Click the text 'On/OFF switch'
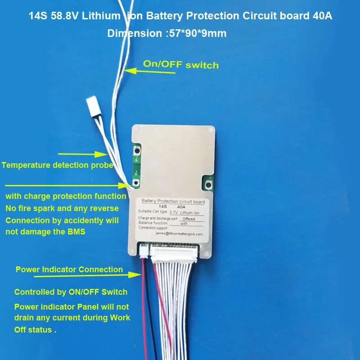point(180,64)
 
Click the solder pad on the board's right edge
point(209,184)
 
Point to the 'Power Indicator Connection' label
point(69,270)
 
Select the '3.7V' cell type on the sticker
point(175,211)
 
